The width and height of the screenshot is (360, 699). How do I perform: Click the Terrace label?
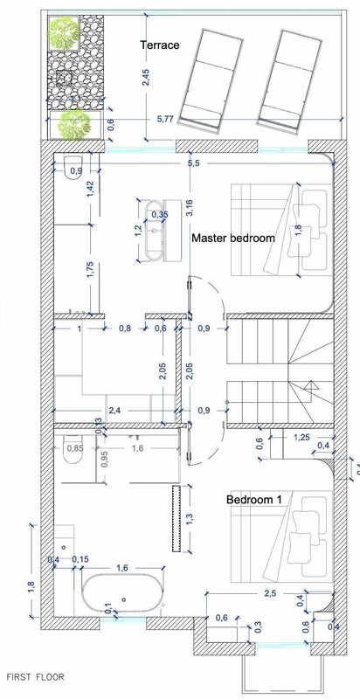tap(160, 45)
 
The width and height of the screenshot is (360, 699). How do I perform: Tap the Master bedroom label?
tap(233, 238)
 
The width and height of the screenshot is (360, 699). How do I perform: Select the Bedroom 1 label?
tap(254, 499)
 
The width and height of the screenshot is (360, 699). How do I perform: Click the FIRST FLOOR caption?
tap(35, 677)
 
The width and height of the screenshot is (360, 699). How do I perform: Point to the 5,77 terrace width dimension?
tap(166, 120)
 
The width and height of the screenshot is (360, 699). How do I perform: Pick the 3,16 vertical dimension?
tap(190, 208)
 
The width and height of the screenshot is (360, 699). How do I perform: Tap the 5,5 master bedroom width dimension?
tap(194, 163)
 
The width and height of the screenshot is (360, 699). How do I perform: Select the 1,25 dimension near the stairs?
tap(301, 439)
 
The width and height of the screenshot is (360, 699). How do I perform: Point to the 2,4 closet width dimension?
tap(115, 411)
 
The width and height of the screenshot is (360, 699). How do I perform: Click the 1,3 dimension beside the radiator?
tap(189, 518)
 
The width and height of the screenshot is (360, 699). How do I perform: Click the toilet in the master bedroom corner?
tap(73, 168)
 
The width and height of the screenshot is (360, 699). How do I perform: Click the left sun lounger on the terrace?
tap(211, 80)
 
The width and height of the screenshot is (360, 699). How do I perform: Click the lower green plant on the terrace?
tap(73, 124)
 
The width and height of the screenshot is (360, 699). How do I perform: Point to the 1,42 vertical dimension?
tap(91, 190)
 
